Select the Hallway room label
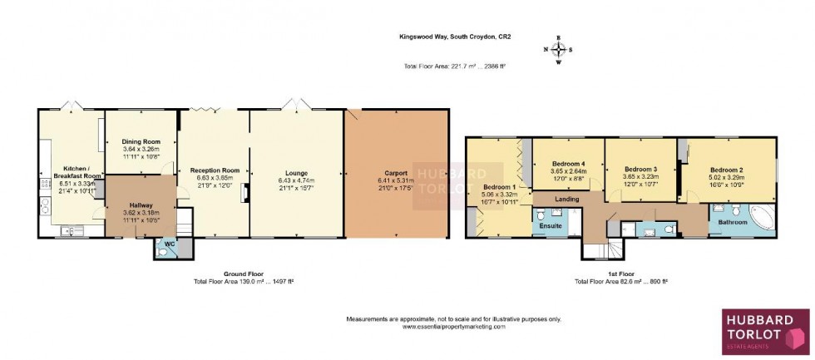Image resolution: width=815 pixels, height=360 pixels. [141, 205]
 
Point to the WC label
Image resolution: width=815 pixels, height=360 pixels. [169, 244]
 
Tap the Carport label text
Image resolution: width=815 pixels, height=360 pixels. [395, 173]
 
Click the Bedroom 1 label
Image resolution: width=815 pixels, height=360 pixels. [500, 187]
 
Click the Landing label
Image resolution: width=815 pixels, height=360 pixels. [568, 198]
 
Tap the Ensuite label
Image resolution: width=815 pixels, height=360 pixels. [550, 225]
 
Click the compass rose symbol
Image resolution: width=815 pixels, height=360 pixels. [558, 49]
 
